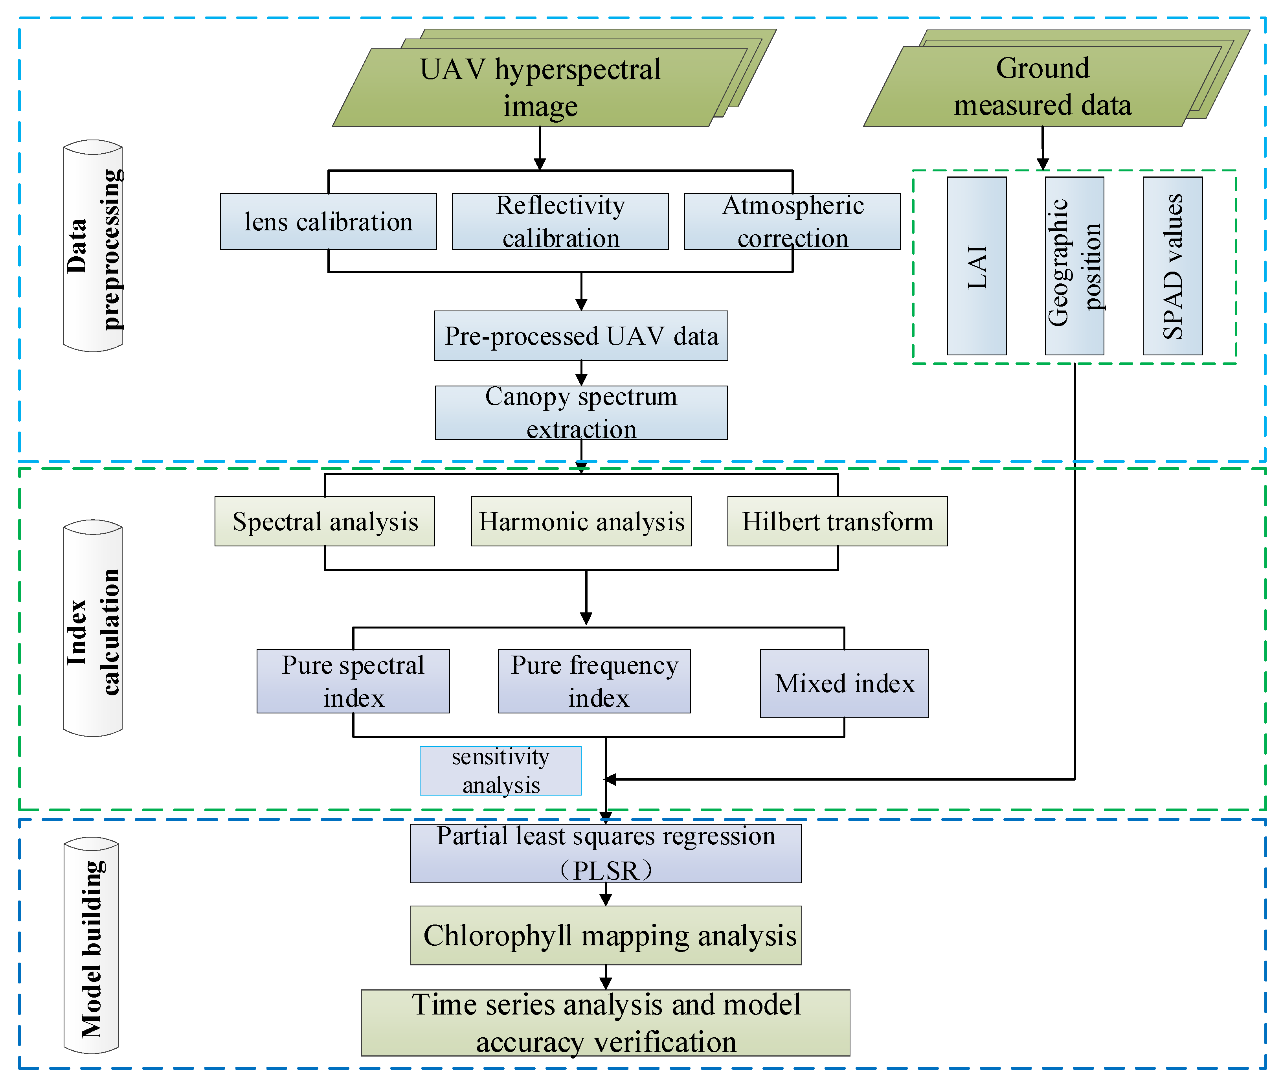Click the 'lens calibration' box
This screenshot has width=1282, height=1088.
click(328, 221)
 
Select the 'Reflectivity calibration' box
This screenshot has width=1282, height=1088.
click(560, 221)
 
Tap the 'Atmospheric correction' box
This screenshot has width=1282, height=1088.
click(792, 221)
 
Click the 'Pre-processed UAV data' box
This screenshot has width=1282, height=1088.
click(581, 336)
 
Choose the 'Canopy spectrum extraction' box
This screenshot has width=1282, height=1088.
click(581, 413)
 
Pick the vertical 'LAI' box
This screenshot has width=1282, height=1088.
click(976, 266)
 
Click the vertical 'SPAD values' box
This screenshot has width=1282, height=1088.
click(1172, 266)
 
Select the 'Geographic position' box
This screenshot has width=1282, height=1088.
click(1074, 266)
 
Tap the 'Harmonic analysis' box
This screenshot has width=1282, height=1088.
click(581, 521)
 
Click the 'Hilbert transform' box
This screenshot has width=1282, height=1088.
click(837, 521)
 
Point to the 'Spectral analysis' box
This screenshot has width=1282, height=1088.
click(324, 521)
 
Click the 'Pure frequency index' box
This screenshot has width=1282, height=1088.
click(594, 681)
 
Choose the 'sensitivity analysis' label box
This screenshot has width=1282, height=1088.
click(500, 770)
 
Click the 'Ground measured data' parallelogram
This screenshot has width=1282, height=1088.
click(1042, 86)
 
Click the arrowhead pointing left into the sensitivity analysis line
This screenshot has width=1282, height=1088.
click(610, 779)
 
